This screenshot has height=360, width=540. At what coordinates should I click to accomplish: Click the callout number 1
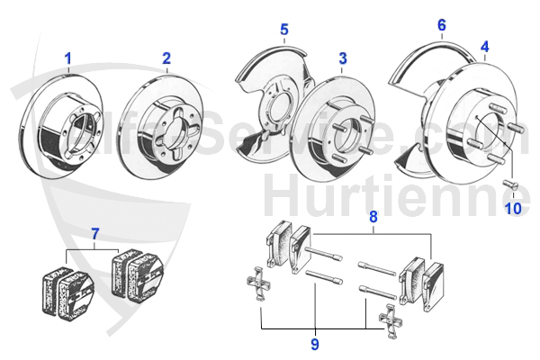coord(67,59)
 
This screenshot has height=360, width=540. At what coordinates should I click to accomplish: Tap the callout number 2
coord(166,59)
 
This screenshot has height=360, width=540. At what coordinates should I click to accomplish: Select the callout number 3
coord(343,59)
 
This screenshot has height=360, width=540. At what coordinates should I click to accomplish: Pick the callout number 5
coord(283,31)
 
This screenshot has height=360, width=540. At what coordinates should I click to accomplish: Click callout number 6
coord(441,25)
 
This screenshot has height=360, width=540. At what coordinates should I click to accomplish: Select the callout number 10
coord(512,209)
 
